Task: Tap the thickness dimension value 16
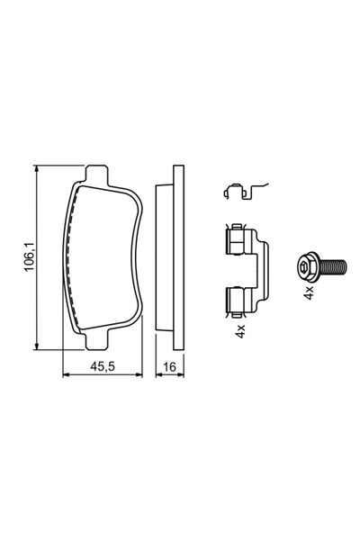point(167,368)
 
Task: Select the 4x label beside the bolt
point(309,293)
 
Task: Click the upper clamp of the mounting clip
point(237,241)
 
